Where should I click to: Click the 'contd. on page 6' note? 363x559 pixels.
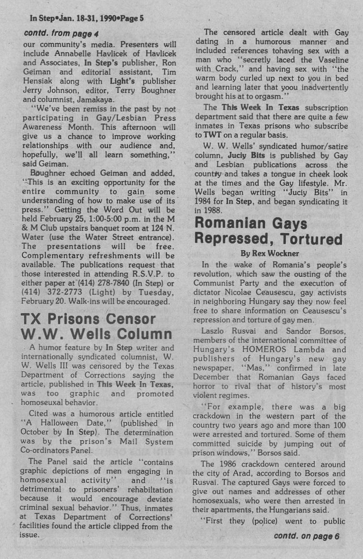point(306,535)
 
